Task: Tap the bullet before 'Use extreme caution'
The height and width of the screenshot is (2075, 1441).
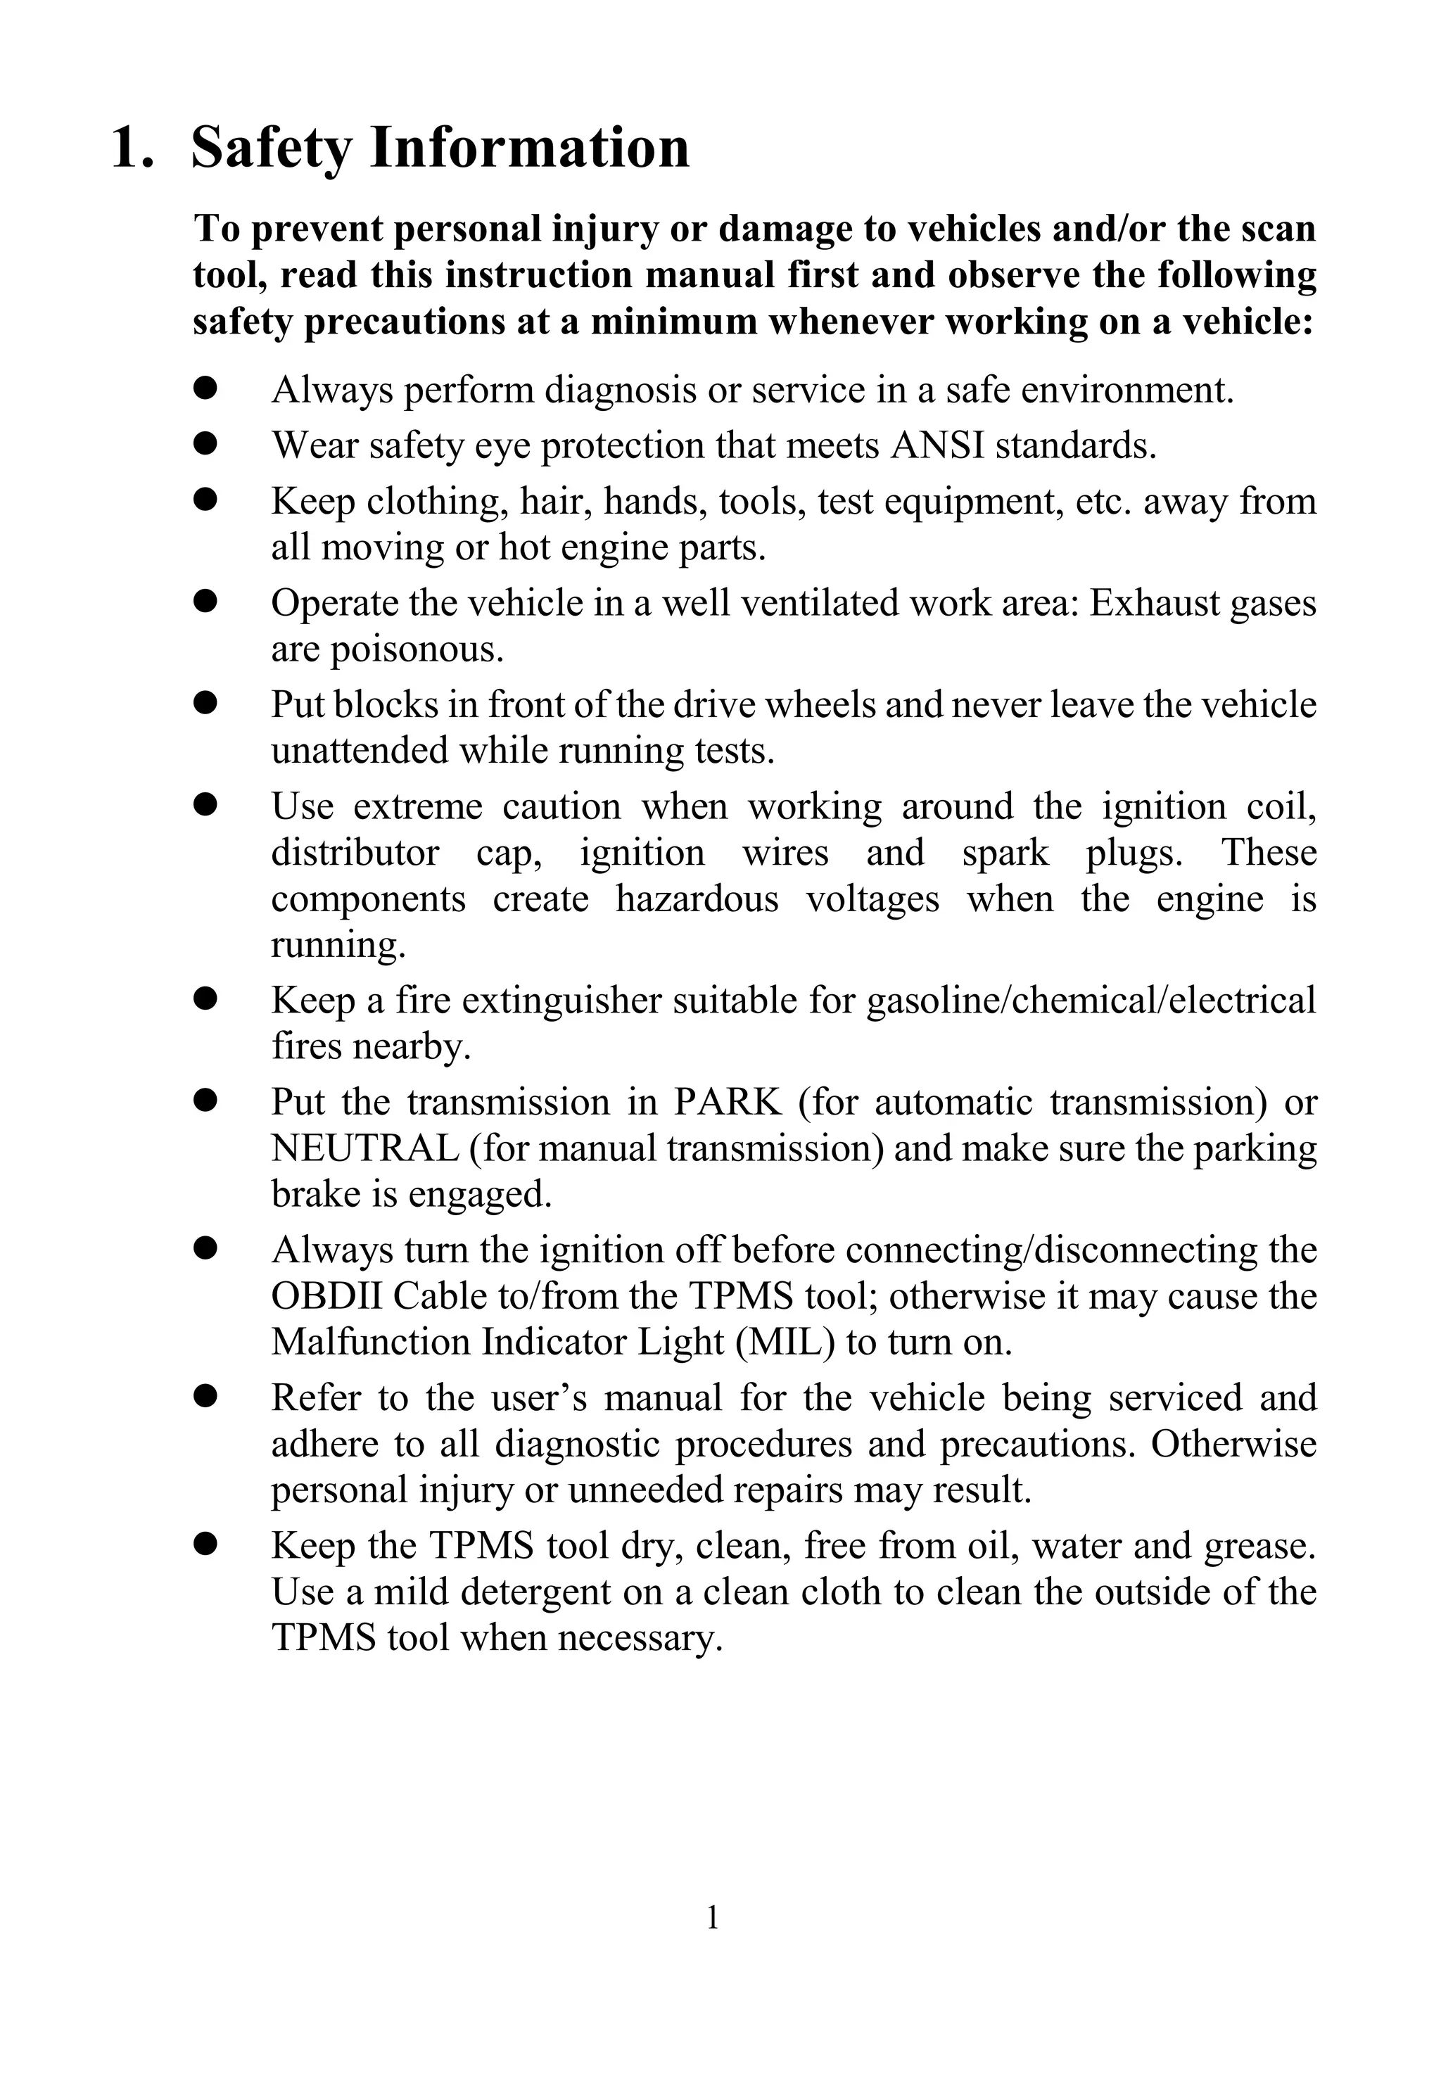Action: point(206,804)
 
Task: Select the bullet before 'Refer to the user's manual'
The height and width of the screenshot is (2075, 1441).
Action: point(206,1397)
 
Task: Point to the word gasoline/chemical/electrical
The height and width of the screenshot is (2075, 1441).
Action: point(1091,1001)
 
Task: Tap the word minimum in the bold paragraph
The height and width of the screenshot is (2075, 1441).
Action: point(673,322)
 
